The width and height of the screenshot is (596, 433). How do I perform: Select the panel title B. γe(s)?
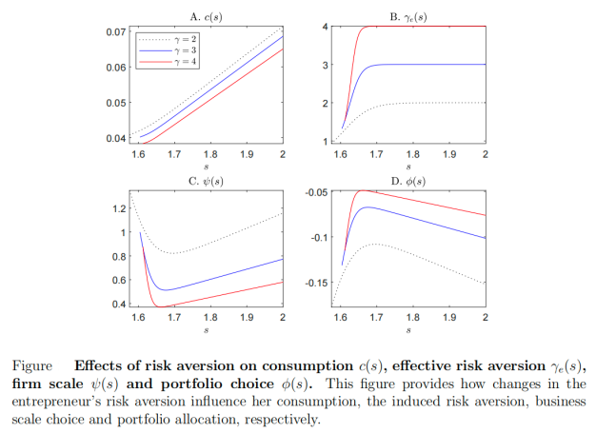click(411, 16)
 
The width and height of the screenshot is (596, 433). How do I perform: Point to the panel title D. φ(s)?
click(411, 181)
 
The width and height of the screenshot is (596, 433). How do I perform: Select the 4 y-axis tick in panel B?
click(326, 27)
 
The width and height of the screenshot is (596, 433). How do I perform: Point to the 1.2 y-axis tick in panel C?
click(118, 208)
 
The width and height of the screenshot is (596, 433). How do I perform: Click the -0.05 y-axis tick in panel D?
click(317, 193)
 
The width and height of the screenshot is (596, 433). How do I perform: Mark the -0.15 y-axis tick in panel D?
click(317, 283)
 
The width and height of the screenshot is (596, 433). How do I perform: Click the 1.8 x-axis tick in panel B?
click(412, 153)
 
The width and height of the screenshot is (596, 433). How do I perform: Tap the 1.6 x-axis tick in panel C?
click(140, 316)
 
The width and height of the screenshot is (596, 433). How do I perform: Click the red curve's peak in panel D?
click(361, 190)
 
